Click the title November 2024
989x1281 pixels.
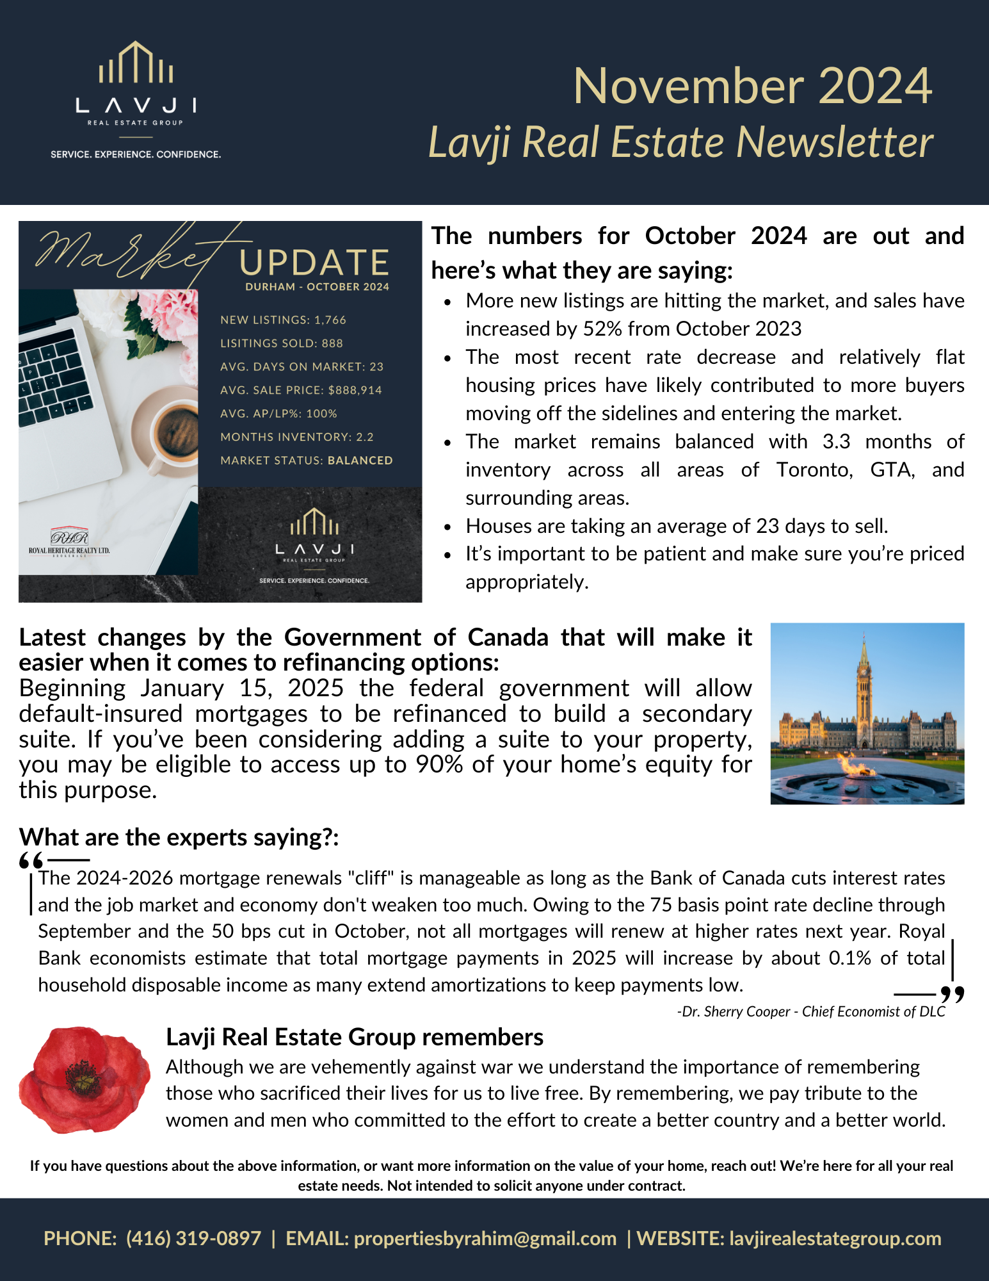(752, 86)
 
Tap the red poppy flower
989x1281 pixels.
(83, 1079)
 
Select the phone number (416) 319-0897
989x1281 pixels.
(193, 1238)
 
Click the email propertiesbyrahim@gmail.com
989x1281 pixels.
(485, 1238)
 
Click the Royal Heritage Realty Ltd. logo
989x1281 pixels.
(69, 542)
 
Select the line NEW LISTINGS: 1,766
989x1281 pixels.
(283, 320)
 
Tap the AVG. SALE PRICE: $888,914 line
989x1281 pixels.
(301, 390)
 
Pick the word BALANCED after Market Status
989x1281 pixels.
(360, 461)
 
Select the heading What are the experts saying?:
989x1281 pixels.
(179, 837)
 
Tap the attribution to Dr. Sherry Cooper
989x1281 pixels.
(810, 1011)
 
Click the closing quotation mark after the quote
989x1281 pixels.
(952, 994)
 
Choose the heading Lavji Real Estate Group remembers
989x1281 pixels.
(355, 1037)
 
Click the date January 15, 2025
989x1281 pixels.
(242, 689)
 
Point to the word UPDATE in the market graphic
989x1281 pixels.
(314, 263)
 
